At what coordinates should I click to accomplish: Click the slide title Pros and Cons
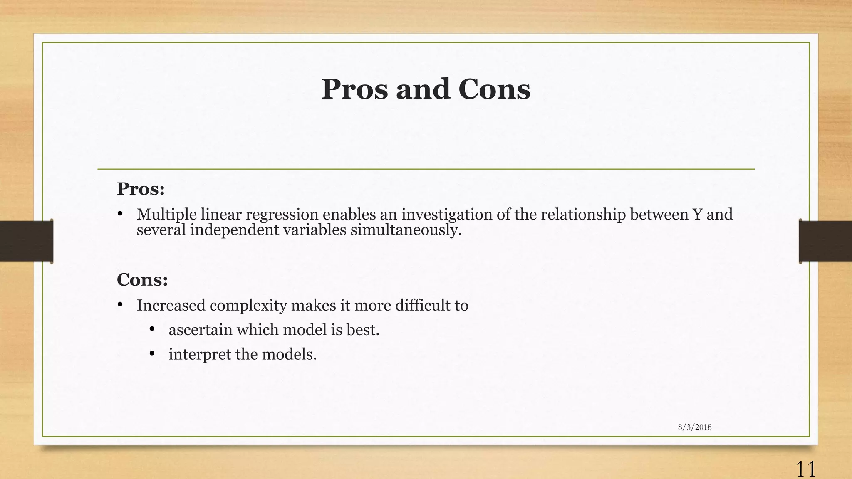point(426,89)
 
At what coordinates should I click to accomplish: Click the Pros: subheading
point(141,189)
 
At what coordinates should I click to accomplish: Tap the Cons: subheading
point(142,279)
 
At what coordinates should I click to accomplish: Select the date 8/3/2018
point(694,427)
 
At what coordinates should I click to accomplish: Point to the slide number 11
point(805,469)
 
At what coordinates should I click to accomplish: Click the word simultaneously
point(406,230)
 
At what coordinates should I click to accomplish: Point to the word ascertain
point(201,330)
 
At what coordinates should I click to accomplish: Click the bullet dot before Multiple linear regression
point(120,214)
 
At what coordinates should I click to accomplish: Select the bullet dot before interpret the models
point(152,353)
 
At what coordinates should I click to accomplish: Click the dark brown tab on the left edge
point(26,241)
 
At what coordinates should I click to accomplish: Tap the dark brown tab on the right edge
point(825,241)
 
